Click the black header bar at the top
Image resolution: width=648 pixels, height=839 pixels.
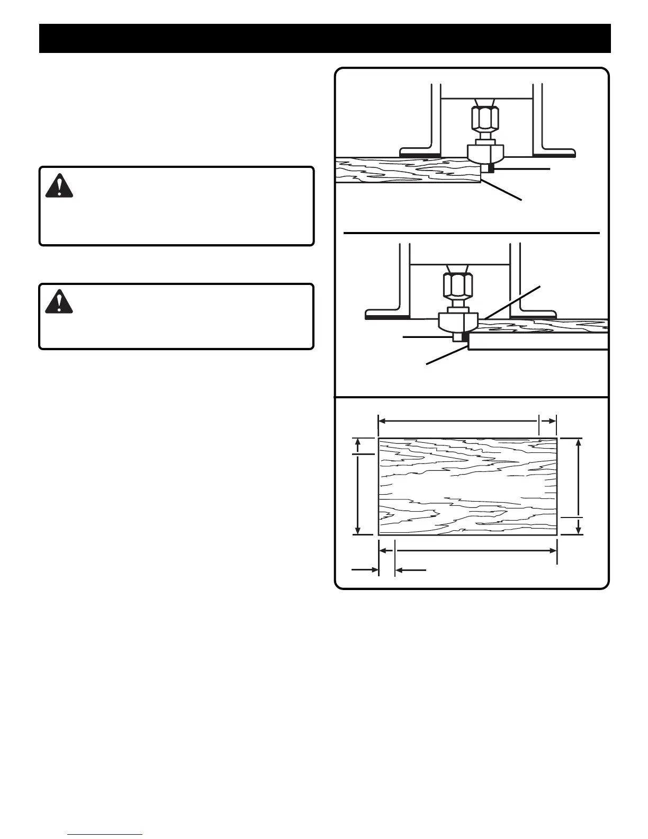[x=325, y=38]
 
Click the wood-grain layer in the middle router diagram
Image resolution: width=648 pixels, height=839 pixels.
[x=545, y=325]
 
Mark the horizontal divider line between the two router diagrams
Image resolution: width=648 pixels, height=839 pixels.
[x=471, y=233]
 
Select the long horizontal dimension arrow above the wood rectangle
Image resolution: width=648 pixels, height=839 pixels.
[x=458, y=421]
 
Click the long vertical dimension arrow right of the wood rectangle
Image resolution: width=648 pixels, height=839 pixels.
[x=580, y=477]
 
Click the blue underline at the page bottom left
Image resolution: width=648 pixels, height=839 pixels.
[x=105, y=834]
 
